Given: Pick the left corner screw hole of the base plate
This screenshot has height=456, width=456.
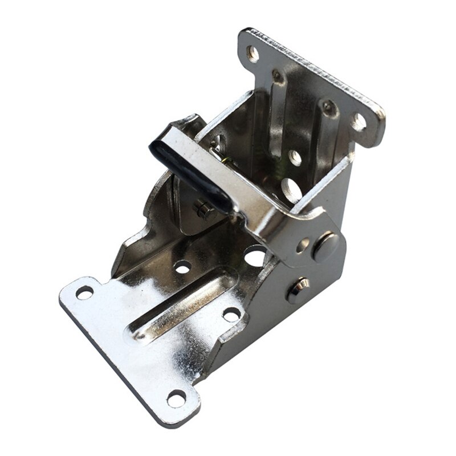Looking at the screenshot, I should point(84,292).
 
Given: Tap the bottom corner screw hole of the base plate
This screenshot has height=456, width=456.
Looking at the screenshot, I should point(176,398).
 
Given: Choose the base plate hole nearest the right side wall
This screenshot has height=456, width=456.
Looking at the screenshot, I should point(231,313).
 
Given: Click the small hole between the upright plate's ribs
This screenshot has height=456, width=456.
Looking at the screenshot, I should point(295,157).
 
